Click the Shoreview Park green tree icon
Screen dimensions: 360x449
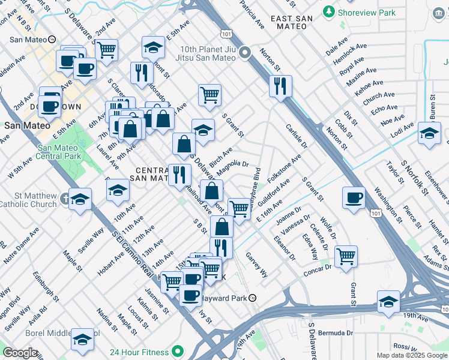[329, 11]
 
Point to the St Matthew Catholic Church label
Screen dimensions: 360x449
[36, 200]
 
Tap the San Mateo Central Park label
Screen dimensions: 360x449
[58, 152]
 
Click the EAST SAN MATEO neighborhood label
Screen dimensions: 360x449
[291, 19]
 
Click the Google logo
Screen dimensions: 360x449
[20, 353]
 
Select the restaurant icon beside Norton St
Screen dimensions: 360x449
[280, 86]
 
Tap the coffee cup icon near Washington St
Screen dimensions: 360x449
[354, 197]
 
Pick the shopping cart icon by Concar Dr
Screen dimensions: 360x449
[346, 256]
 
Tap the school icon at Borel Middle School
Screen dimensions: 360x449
[82, 340]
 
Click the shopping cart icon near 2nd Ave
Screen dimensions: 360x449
[106, 50]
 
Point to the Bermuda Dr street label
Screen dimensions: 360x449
[336, 332]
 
